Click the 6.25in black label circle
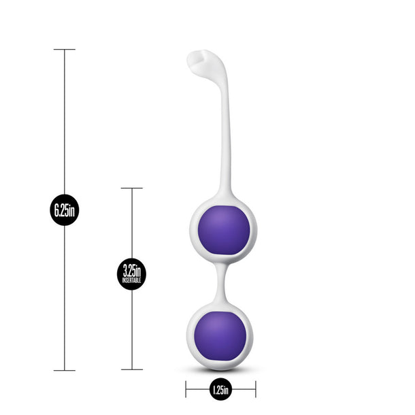[65, 210]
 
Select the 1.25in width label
[220, 390]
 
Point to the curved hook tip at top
[197, 60]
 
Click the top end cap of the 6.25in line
[65, 50]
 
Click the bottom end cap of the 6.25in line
[65, 371]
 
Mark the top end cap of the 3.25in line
[131, 188]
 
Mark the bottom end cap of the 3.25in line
[131, 370]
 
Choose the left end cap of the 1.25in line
[186, 390]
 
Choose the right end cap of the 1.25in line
[256, 390]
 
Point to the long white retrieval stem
[225, 136]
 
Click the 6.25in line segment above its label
[65, 122]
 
